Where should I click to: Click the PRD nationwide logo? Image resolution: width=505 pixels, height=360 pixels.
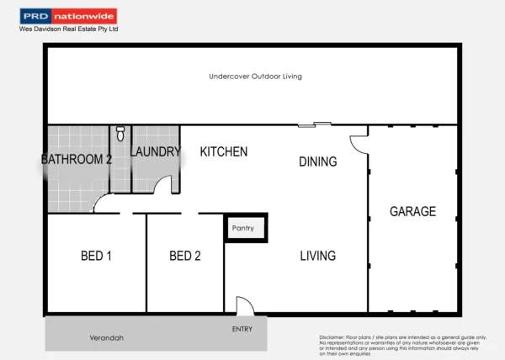68,16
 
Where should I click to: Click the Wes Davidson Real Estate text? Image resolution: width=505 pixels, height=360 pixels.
69,29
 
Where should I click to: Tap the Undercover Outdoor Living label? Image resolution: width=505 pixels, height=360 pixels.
255,77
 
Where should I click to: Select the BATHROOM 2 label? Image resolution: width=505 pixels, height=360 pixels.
77,159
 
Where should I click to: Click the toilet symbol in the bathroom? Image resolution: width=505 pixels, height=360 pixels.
120,133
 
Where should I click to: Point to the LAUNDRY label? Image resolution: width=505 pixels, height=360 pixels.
156,152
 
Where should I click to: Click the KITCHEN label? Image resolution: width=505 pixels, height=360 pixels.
223,152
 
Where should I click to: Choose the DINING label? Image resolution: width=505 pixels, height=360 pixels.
317,161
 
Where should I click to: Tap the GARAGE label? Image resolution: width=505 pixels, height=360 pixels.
412,211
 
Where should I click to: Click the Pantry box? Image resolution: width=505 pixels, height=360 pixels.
245,228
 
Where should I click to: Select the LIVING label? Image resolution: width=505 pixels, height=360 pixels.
317,256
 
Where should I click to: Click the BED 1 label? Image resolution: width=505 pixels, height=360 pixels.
96,256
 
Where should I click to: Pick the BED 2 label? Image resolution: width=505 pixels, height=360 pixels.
184,256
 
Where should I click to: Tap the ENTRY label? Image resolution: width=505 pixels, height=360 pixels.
242,329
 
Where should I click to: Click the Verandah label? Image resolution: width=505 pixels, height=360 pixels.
106,337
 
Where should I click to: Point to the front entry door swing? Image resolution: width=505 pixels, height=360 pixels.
245,305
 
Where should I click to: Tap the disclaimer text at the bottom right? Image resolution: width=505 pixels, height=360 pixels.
402,346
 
